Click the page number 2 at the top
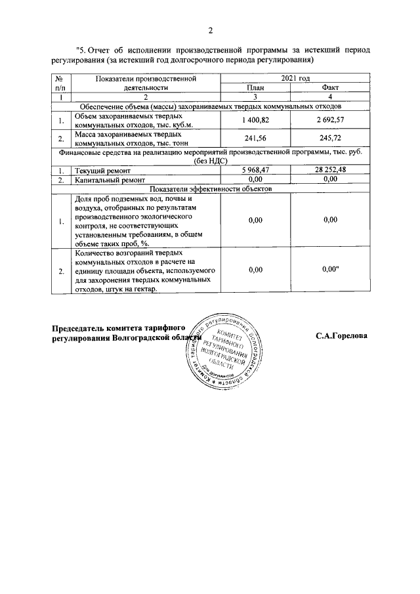pos(211,30)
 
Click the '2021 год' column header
pos(295,78)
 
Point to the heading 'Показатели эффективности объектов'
pos(211,188)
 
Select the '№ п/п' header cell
pos(60,82)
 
